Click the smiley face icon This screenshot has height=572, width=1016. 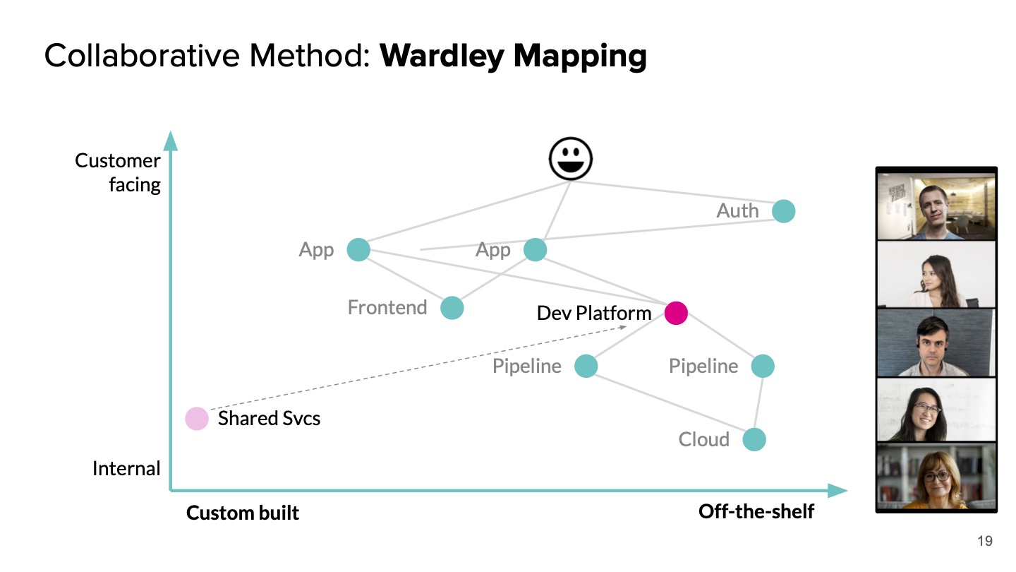click(571, 159)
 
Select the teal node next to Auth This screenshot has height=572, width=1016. click(783, 210)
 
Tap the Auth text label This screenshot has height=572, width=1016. click(737, 210)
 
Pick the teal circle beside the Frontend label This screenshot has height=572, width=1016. click(452, 308)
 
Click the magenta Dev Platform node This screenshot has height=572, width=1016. click(676, 313)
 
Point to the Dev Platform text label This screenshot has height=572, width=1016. click(593, 313)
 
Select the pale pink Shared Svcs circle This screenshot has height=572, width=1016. click(197, 418)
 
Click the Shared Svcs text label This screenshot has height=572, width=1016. click(269, 418)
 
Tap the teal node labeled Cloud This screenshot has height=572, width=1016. click(754, 439)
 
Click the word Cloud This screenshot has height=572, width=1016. click(703, 439)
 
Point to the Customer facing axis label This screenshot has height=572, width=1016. click(118, 172)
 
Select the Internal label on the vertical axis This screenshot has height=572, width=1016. click(126, 468)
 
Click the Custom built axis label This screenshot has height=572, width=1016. click(243, 513)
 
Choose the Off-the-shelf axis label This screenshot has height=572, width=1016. click(756, 511)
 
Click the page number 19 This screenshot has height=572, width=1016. click(985, 542)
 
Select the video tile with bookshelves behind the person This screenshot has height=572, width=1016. click(936, 475)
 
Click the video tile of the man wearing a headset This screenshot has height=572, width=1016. click(936, 342)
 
